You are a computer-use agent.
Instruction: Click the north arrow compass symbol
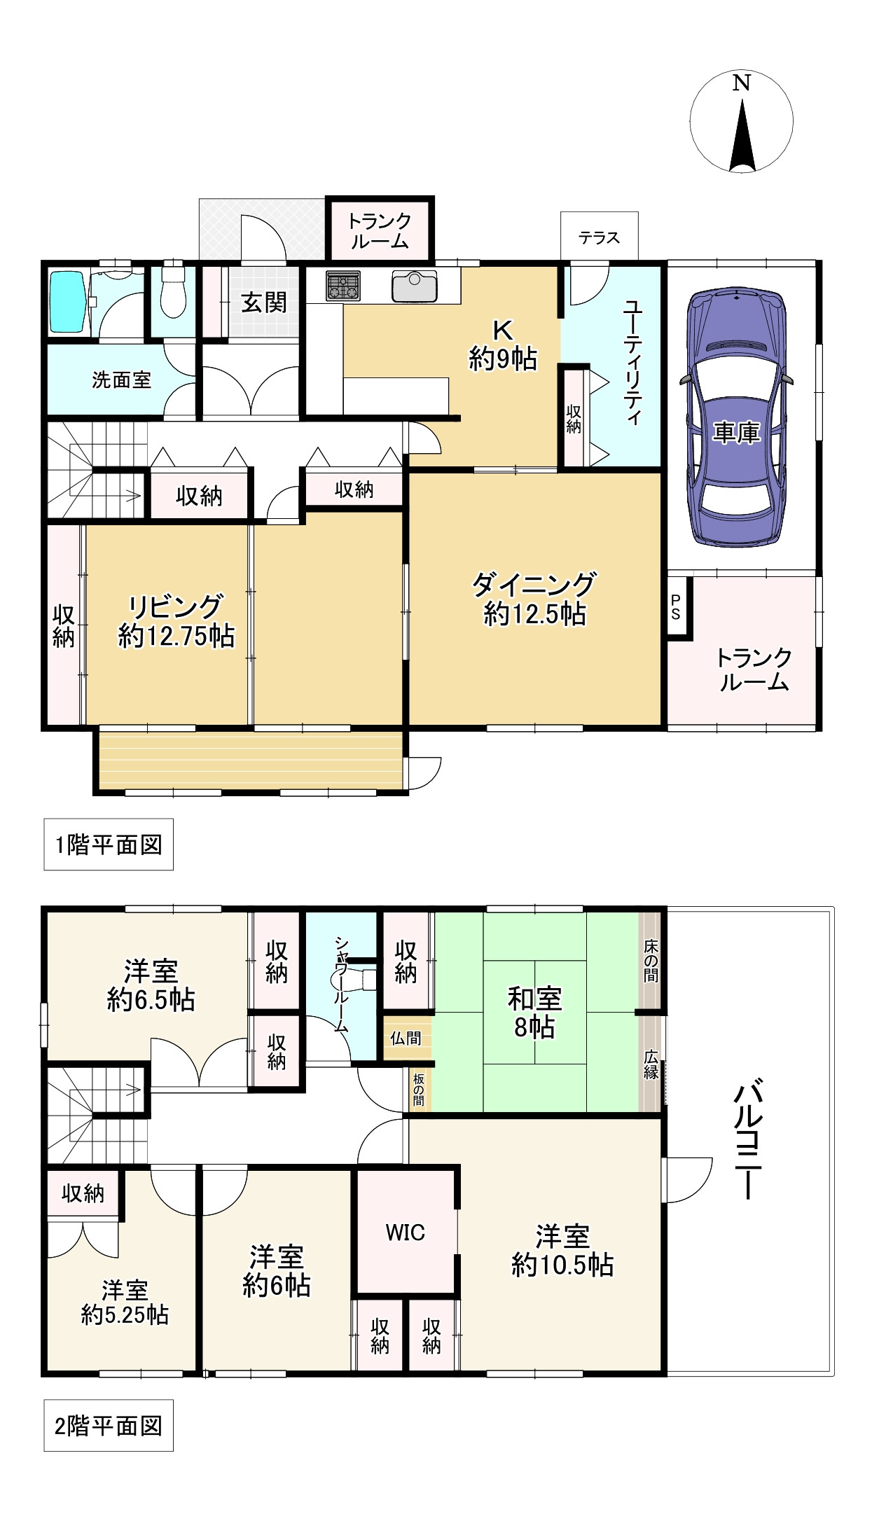(x=742, y=122)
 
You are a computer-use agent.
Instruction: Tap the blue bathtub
(x=69, y=302)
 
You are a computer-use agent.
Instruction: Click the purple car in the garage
(x=737, y=417)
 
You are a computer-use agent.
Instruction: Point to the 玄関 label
(x=264, y=303)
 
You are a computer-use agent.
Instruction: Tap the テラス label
(x=600, y=238)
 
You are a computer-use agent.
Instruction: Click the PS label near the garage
(x=676, y=607)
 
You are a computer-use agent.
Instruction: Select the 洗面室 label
(x=122, y=380)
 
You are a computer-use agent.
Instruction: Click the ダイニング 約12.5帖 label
(x=534, y=599)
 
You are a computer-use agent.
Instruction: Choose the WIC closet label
(x=406, y=1232)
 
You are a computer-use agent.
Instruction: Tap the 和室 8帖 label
(x=534, y=1013)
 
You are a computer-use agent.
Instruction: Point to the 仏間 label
(x=406, y=1038)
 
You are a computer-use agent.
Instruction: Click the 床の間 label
(x=651, y=961)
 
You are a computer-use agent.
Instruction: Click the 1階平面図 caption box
(x=109, y=845)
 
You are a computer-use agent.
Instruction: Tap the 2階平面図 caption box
(x=109, y=1426)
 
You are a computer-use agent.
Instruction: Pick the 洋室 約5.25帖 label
(x=125, y=1303)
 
